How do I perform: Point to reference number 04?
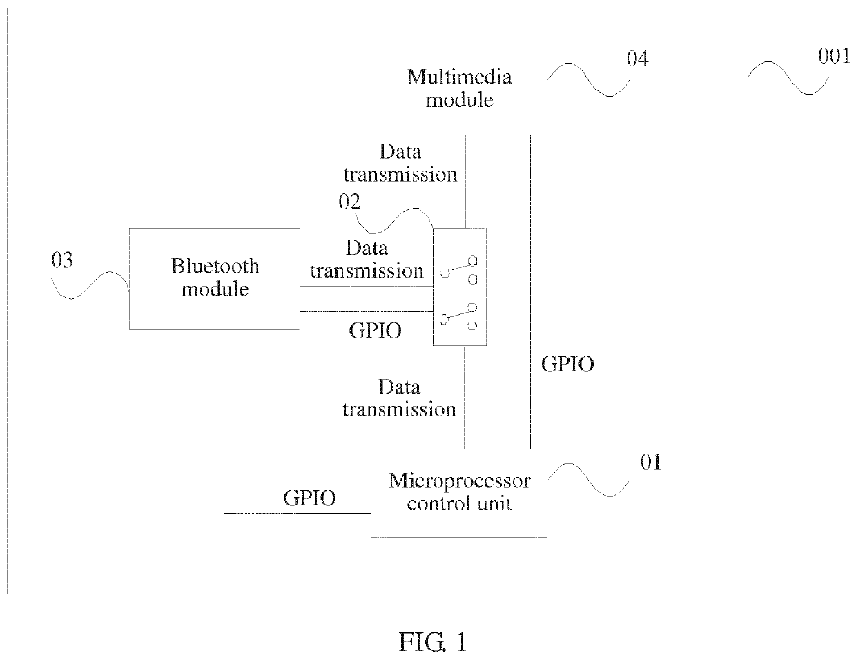coord(637,59)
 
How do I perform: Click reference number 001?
coord(833,56)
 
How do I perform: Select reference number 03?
coord(62,260)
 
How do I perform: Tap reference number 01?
coord(650,462)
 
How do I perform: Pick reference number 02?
coord(349,202)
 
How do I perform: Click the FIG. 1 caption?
coord(433,642)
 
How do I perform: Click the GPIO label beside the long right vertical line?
coord(567,364)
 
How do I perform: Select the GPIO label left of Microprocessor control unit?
coord(310,498)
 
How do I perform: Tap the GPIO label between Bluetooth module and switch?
coord(375,330)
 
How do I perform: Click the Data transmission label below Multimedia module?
coord(400,163)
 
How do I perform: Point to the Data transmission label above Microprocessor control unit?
coord(400,398)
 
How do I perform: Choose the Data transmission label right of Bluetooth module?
coord(367,259)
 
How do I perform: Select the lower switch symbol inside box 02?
coord(458,316)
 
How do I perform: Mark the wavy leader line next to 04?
coord(587,79)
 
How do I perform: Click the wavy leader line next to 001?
coord(788,77)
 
